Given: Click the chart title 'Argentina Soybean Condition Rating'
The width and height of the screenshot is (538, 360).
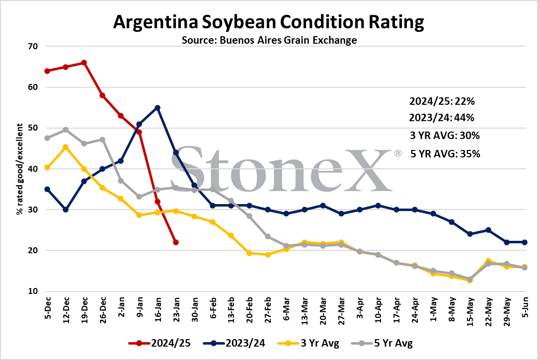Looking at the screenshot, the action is pos(269,22).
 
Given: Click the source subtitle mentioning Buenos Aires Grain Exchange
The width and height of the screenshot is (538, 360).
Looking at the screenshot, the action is pos(269,40).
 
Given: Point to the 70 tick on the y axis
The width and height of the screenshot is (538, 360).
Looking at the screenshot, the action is pos(33,46).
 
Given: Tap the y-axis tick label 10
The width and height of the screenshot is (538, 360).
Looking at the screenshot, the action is pos(33,291).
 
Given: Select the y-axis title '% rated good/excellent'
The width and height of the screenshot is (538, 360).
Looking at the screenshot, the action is pos(19,169).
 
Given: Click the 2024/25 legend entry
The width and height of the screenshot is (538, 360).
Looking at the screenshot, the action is pos(159,343).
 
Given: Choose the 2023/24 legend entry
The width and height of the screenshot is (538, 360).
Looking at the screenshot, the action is pos(234,343).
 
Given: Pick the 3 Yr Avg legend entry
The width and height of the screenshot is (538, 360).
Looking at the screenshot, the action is pos(308,343).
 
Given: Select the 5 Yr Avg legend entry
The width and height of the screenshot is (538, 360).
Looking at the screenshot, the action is pos(382,343).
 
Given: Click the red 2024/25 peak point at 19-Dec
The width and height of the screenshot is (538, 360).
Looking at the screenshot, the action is pos(84,63).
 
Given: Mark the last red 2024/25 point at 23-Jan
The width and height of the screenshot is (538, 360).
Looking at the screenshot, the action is pos(176,242).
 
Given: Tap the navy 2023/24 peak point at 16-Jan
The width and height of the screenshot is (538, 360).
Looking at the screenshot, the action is pos(157,108).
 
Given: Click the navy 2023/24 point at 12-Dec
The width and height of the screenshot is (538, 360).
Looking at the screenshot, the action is pos(66,210).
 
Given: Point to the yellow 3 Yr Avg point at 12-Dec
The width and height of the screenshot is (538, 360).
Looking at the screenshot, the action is pos(66,147).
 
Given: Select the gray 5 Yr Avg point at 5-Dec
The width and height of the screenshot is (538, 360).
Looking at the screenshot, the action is pos(47,138).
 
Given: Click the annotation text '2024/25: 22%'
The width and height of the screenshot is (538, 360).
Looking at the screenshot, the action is pos(442,101).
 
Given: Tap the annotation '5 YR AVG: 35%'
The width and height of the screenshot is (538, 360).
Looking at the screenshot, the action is pos(446,153).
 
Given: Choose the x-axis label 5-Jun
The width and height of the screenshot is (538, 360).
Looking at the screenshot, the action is pos(525,307).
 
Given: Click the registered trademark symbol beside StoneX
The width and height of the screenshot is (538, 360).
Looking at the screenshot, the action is pos(398,153).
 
